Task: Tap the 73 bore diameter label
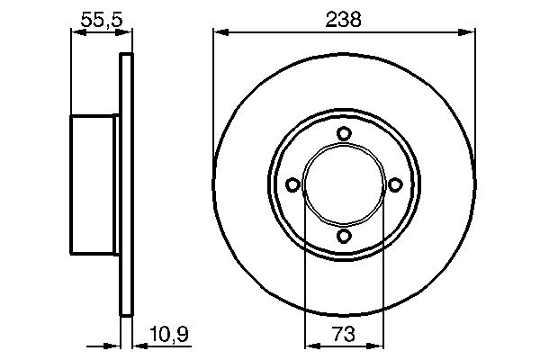344,335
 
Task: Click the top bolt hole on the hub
344,134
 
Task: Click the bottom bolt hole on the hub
344,236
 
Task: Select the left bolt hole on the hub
292,184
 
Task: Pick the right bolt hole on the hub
394,184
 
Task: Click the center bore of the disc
344,184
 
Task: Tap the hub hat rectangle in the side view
95,185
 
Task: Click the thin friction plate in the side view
126,184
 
